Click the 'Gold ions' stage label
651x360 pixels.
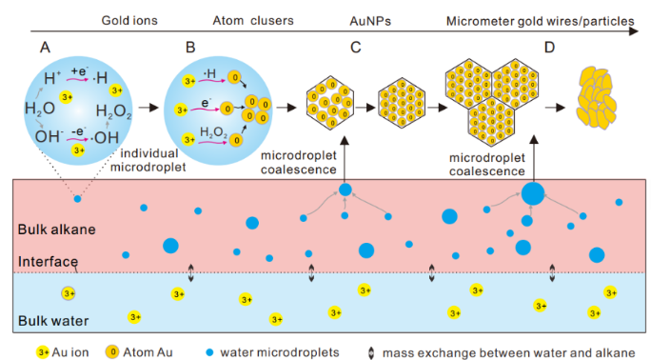click(x=129, y=21)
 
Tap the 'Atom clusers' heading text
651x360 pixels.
click(x=253, y=21)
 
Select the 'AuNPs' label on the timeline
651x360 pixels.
click(x=370, y=21)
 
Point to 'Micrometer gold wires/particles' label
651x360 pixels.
click(x=541, y=21)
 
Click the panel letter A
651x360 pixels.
click(x=45, y=48)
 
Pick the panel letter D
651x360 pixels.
click(x=549, y=48)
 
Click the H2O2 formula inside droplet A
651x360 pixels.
click(x=113, y=111)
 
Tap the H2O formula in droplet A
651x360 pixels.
click(x=40, y=110)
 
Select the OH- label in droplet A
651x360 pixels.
click(x=49, y=136)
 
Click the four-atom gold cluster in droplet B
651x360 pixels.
click(x=257, y=110)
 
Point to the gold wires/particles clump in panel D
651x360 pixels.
click(x=596, y=97)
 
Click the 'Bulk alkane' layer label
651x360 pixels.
click(x=56, y=230)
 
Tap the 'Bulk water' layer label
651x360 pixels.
click(x=53, y=321)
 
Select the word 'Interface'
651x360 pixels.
click(x=48, y=262)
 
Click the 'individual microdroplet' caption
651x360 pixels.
click(x=148, y=160)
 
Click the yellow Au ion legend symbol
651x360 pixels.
click(x=43, y=352)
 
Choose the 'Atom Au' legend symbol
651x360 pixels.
click(x=112, y=352)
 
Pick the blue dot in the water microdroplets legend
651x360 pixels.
click(x=210, y=352)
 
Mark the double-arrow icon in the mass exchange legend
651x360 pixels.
click(x=371, y=353)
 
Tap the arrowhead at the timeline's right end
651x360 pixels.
click(x=634, y=31)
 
